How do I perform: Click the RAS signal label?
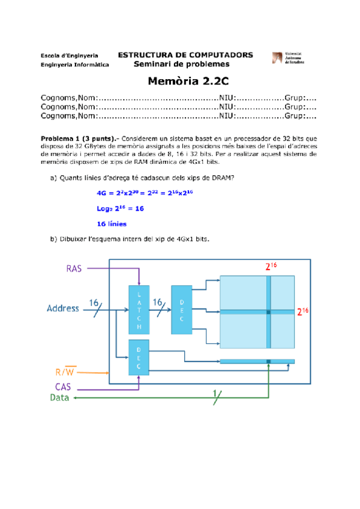(x=74, y=268)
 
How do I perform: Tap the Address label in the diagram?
(x=63, y=309)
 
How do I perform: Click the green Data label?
(x=60, y=397)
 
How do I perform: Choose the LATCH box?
(x=140, y=310)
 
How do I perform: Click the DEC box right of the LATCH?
(x=182, y=310)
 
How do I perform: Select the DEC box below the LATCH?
(x=139, y=358)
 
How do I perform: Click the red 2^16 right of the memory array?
(x=302, y=311)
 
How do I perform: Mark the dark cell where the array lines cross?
(x=269, y=312)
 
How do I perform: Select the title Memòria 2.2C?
(x=179, y=82)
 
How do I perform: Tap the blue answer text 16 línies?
(x=112, y=224)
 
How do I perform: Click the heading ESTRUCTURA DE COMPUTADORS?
(x=185, y=55)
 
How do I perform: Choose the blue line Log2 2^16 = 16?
(x=120, y=208)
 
